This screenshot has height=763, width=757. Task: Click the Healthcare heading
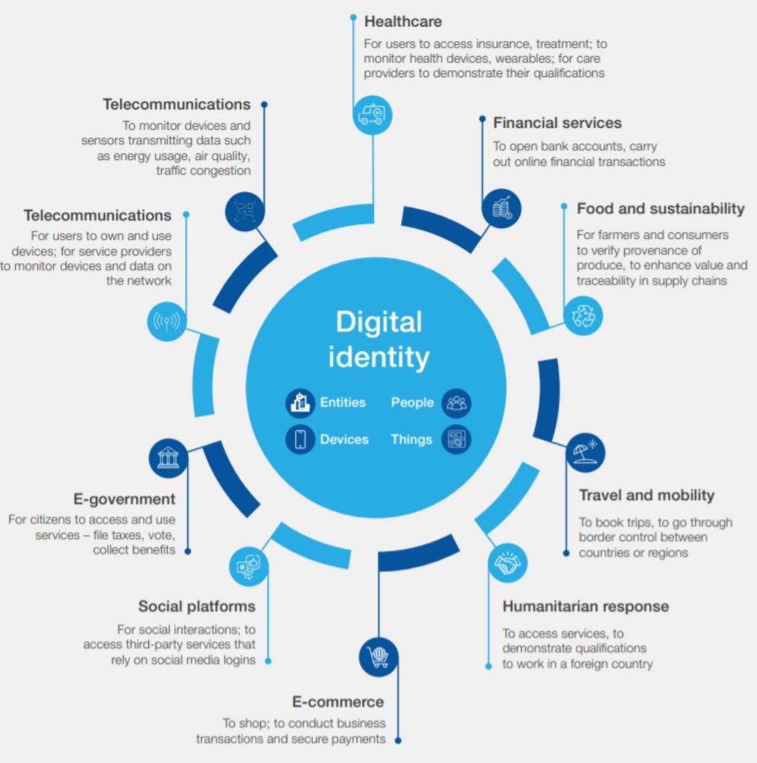click(x=402, y=21)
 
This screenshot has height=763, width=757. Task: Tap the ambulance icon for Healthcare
click(x=372, y=115)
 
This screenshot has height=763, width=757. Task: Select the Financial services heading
click(x=557, y=123)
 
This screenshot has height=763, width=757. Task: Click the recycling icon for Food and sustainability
click(x=583, y=315)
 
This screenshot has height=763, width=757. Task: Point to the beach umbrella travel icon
click(x=585, y=452)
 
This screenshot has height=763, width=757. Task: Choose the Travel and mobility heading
click(x=647, y=496)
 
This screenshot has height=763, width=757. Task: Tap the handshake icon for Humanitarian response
click(x=508, y=563)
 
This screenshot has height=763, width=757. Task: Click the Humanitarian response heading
click(x=586, y=606)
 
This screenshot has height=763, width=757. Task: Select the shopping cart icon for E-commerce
click(x=378, y=656)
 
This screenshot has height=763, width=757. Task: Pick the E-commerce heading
click(x=338, y=702)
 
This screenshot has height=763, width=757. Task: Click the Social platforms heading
click(x=197, y=606)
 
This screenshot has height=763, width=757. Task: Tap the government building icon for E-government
click(x=168, y=457)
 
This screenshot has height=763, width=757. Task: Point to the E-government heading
click(x=124, y=499)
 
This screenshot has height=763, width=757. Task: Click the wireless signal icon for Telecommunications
click(x=167, y=321)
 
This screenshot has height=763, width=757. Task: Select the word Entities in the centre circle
click(x=343, y=402)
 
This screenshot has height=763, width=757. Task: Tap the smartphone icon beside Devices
click(x=300, y=440)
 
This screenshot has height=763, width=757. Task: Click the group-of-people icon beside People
click(x=456, y=403)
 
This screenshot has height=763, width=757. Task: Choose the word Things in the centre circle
click(x=411, y=440)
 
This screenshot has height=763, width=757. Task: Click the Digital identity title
click(x=378, y=340)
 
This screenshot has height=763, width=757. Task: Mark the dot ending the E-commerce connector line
click(x=398, y=741)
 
